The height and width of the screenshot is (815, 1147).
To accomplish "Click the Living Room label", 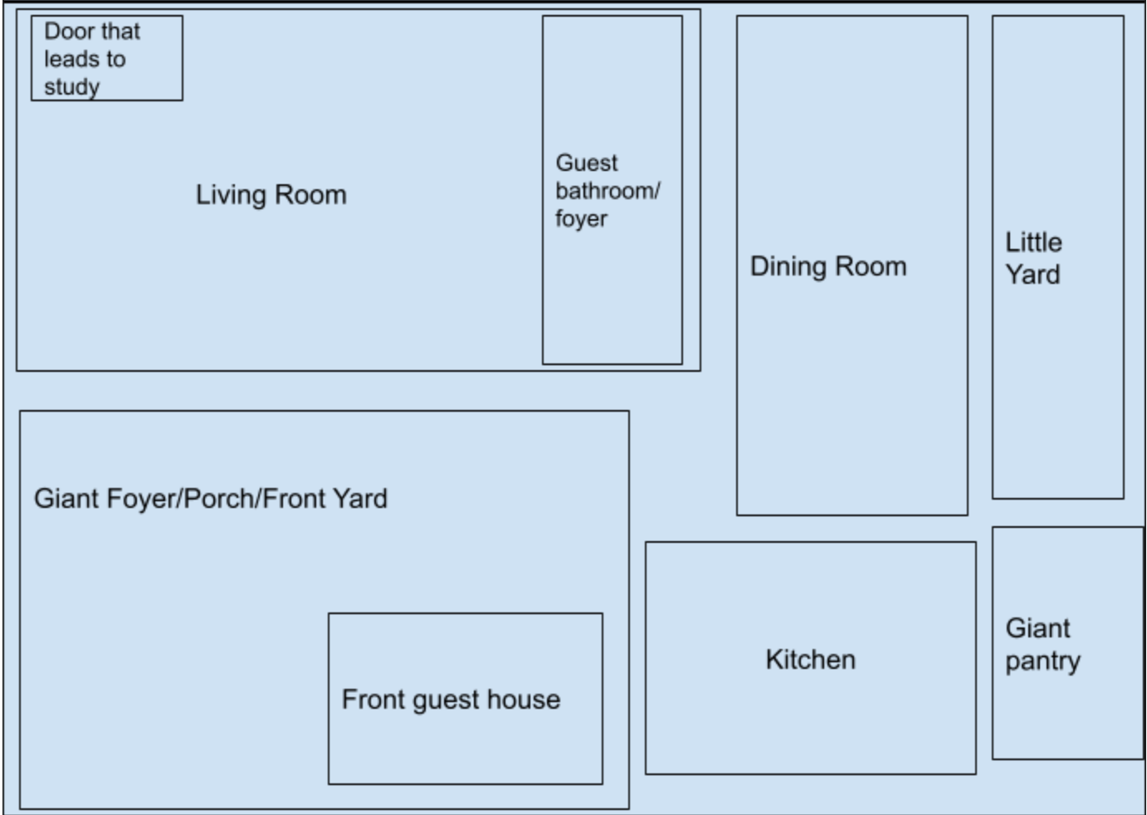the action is click(271, 195).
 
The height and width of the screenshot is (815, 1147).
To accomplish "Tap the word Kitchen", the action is click(811, 659).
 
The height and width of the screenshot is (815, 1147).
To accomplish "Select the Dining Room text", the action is click(828, 266).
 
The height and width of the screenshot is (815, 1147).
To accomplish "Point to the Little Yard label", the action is click(1033, 259).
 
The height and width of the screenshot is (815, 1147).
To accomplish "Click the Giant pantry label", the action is click(1042, 645).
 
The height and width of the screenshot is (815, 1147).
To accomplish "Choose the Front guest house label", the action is click(451, 700).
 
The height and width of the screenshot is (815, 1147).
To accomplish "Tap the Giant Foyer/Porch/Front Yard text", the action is click(211, 499).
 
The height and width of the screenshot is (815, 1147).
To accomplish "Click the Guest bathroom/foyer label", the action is click(608, 191).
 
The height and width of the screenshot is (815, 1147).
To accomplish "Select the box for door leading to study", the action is click(107, 58).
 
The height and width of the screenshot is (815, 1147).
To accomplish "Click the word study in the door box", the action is click(71, 87).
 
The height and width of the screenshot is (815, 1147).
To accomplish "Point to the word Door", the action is click(65, 32).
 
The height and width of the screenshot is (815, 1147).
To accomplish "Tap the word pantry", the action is click(1042, 661).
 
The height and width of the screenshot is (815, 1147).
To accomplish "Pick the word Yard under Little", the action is click(1032, 275).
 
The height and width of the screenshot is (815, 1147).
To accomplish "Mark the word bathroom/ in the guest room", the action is click(608, 191).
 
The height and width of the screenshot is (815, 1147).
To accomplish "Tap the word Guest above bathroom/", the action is click(587, 163).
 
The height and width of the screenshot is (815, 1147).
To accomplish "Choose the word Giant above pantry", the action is click(1037, 628).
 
